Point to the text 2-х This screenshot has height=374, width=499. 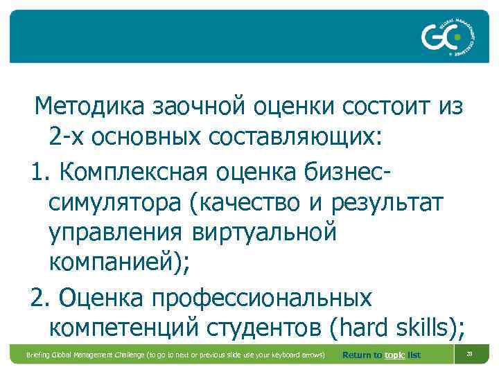[x=68, y=136]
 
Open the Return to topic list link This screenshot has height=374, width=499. [x=381, y=355]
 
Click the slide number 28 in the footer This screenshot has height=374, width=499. [x=469, y=353]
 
